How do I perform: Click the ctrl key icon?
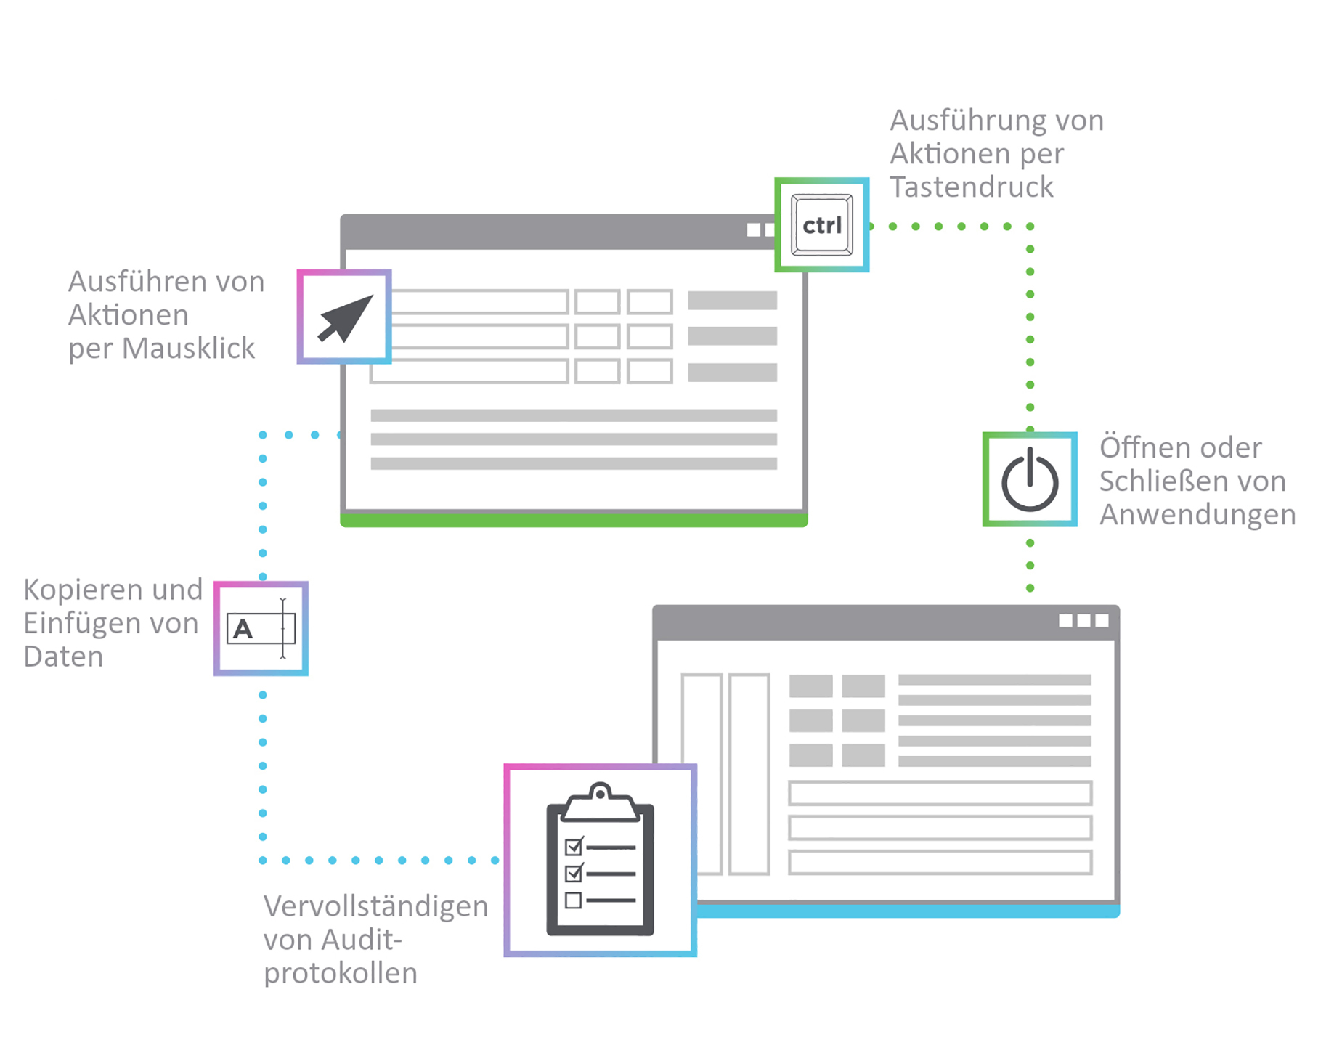pos(821,225)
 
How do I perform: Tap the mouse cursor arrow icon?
pos(345,317)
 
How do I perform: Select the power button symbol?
pos(1029,480)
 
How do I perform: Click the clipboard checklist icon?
pos(600,861)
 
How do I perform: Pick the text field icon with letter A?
pos(261,628)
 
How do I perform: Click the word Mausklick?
pos(188,349)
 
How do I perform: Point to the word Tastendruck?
pos(971,187)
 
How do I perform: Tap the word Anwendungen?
pos(1197,515)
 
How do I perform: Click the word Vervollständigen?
pos(375,906)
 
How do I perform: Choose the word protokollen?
pos(340,973)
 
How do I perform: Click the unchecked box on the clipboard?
pos(573,900)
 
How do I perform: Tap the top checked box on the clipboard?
pos(573,847)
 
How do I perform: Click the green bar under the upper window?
pos(574,520)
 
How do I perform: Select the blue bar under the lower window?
pos(908,911)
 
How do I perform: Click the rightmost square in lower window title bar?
pos(1102,620)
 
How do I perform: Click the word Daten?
pos(63,656)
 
